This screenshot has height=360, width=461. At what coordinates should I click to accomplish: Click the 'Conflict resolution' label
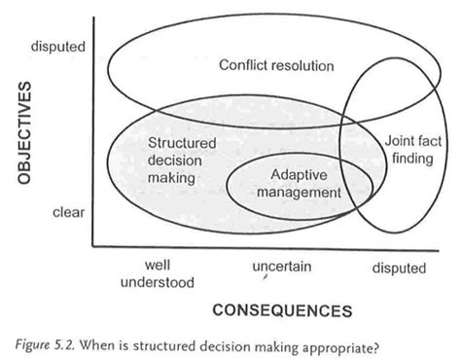(x=276, y=66)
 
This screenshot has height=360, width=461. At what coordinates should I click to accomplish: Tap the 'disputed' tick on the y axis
(x=57, y=45)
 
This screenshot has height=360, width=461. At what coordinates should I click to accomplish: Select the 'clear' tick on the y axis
(x=66, y=210)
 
